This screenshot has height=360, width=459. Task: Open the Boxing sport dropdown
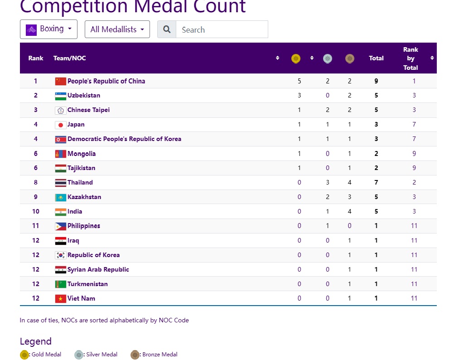tap(48, 29)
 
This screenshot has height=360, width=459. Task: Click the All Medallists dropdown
tap(117, 29)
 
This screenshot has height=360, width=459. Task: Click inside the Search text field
tap(222, 29)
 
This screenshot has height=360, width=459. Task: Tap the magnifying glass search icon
tap(167, 29)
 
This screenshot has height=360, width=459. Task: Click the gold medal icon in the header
tap(296, 58)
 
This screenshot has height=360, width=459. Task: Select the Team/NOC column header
tap(70, 58)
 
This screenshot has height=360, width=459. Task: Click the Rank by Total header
tap(411, 58)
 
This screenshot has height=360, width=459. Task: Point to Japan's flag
tap(60, 125)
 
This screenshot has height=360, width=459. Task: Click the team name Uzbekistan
tap(84, 95)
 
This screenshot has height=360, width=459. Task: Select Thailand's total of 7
tap(376, 182)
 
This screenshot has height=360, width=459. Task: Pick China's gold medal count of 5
tap(299, 81)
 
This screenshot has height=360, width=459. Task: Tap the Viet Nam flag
tap(60, 298)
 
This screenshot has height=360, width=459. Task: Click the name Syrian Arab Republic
tap(98, 269)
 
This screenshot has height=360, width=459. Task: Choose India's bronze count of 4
tap(349, 211)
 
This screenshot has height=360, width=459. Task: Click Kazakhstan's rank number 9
tap(36, 197)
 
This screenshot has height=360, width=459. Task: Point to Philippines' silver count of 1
tap(328, 226)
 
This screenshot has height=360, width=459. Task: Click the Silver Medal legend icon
tap(79, 355)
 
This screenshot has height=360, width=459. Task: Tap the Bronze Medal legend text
tap(160, 355)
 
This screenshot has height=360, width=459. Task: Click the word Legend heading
tap(36, 341)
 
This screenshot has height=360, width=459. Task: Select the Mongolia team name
tap(82, 154)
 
